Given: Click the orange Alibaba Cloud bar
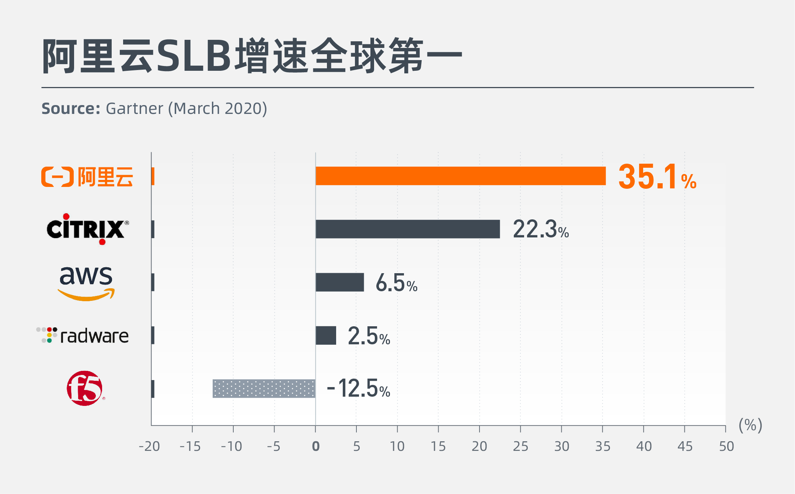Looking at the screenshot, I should coord(460,176).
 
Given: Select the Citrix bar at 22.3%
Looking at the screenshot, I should coord(408,229).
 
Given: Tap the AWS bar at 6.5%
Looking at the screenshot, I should coord(339,282).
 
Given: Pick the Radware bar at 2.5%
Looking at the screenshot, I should coord(326,335).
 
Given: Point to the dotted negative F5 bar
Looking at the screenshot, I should coord(264,389).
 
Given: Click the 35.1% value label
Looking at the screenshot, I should coord(657,177).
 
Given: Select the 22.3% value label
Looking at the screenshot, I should coord(540,229).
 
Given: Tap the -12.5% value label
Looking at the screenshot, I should coord(358,389).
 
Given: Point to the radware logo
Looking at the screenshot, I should coord(83,335).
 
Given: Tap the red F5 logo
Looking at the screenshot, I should coord(85,389).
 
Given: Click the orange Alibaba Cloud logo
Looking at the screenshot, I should coord(87,177).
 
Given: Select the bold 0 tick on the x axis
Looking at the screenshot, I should coord(315,446).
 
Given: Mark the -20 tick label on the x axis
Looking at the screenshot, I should coord(149,446).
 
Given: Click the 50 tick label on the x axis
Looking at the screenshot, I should coord(726,446).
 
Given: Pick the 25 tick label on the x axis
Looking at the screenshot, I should coord(520,446).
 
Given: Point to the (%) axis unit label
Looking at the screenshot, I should coord(750,425).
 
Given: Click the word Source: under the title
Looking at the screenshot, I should coord(71,109).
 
